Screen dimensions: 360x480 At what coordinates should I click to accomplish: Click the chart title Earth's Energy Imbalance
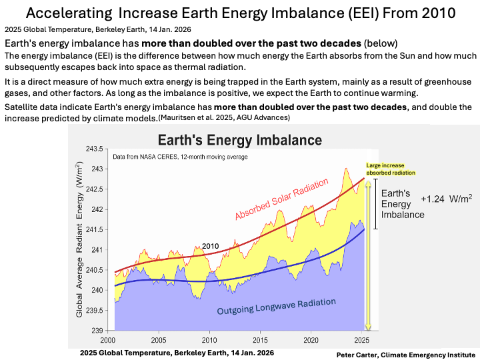pyautogui.click(x=239, y=140)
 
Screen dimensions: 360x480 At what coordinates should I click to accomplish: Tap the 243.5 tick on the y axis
pyautogui.click(x=95, y=148)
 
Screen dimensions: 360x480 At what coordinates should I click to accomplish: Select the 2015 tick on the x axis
pyautogui.click(x=260, y=339)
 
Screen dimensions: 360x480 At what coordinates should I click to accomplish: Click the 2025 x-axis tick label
pyautogui.click(x=362, y=339)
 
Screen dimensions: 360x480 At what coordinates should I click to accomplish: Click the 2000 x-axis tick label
pyautogui.click(x=108, y=339)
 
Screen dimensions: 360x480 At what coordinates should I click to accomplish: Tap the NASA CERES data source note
pyautogui.click(x=180, y=157)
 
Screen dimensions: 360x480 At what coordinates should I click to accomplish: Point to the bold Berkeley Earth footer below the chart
pyautogui.click(x=176, y=351)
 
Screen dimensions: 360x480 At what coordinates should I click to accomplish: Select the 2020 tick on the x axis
pyautogui.click(x=311, y=339)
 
